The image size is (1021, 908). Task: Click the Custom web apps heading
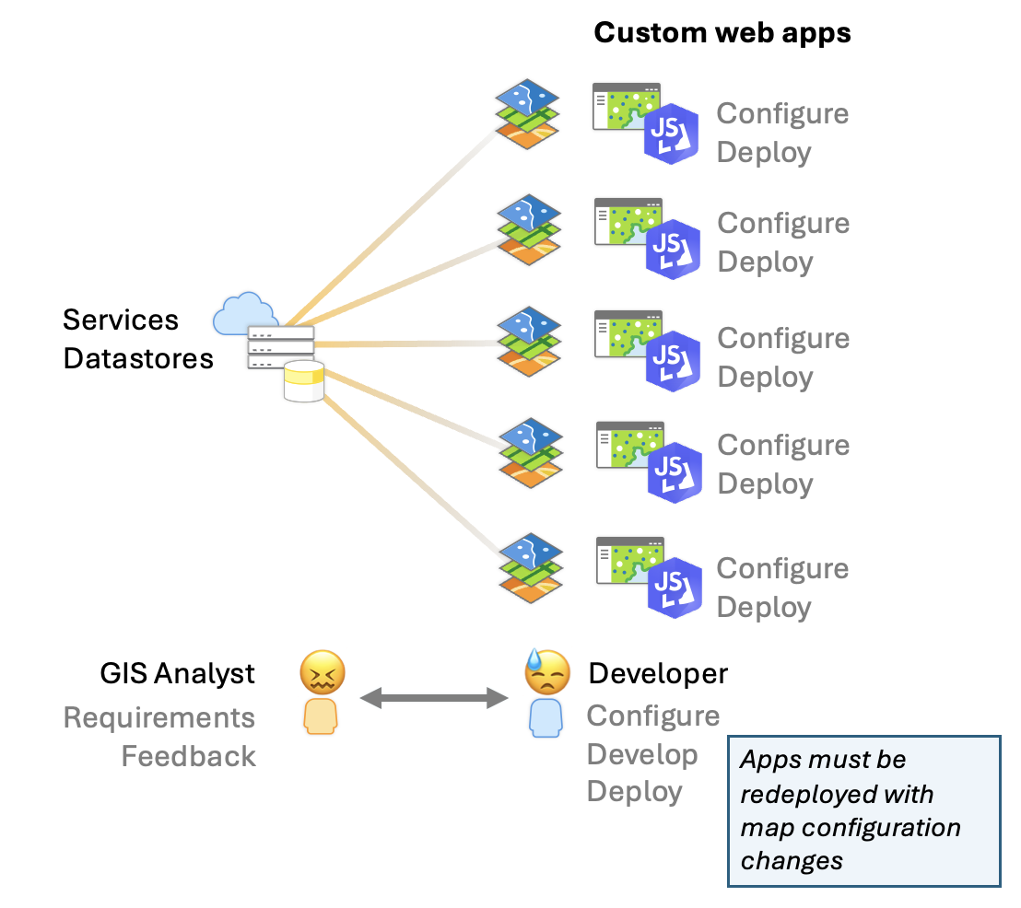[722, 33]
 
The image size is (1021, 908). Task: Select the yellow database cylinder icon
[304, 381]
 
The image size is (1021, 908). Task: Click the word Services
[121, 320]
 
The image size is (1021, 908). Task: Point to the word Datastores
[138, 358]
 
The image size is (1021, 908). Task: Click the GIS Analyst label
[177, 673]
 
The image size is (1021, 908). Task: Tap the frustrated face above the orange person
[323, 672]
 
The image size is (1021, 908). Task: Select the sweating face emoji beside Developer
[546, 673]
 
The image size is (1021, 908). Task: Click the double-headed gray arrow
[433, 699]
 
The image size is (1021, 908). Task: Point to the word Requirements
[159, 717]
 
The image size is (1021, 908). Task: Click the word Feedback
[189, 756]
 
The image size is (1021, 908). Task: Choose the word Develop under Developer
[642, 754]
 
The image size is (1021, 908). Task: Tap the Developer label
[658, 673]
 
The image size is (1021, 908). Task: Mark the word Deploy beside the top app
[764, 152]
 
